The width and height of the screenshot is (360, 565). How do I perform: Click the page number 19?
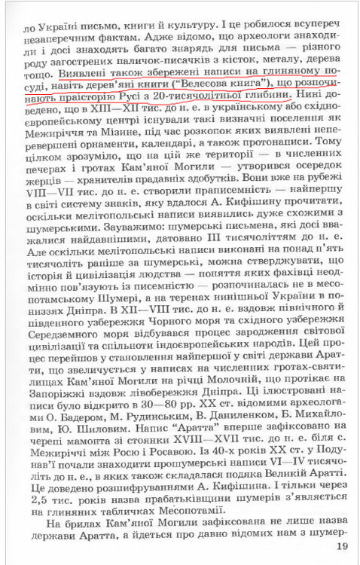(x=342, y=546)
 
